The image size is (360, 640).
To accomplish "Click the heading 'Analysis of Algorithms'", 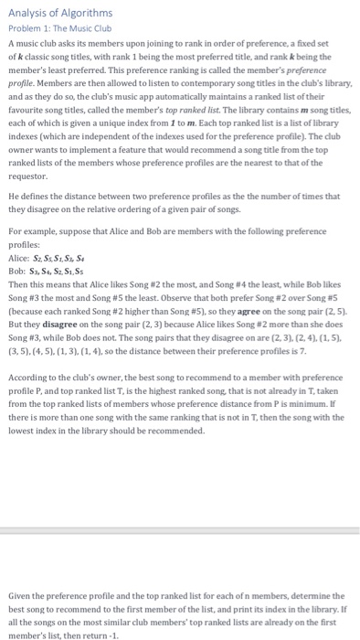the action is (x=60, y=13).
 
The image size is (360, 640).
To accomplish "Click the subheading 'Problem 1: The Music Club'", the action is (x=58, y=28).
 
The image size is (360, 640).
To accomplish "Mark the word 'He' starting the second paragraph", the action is (x=13, y=196).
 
